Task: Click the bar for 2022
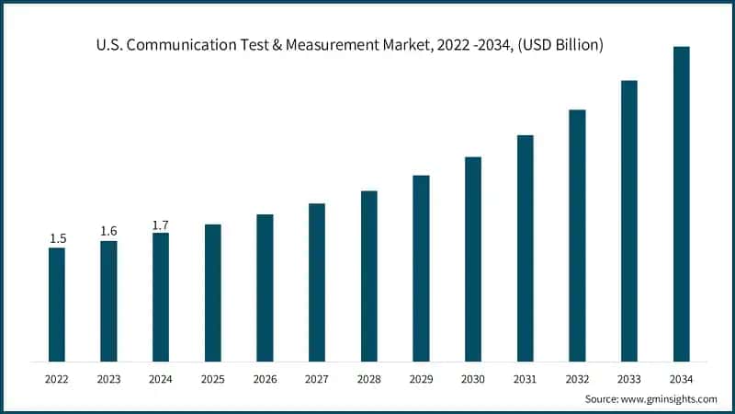57,305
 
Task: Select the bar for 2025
212,293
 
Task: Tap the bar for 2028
368,276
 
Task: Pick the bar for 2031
525,248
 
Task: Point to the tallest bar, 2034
681,203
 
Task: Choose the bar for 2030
472,259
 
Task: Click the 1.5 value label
57,239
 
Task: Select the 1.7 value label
161,224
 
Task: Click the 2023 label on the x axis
108,378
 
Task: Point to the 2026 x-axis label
265,378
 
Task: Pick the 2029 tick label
421,378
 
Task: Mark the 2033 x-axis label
628,378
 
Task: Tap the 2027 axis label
316,378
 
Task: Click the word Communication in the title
208,45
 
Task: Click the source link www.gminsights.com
670,399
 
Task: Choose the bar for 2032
577,236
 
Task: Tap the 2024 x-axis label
161,378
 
